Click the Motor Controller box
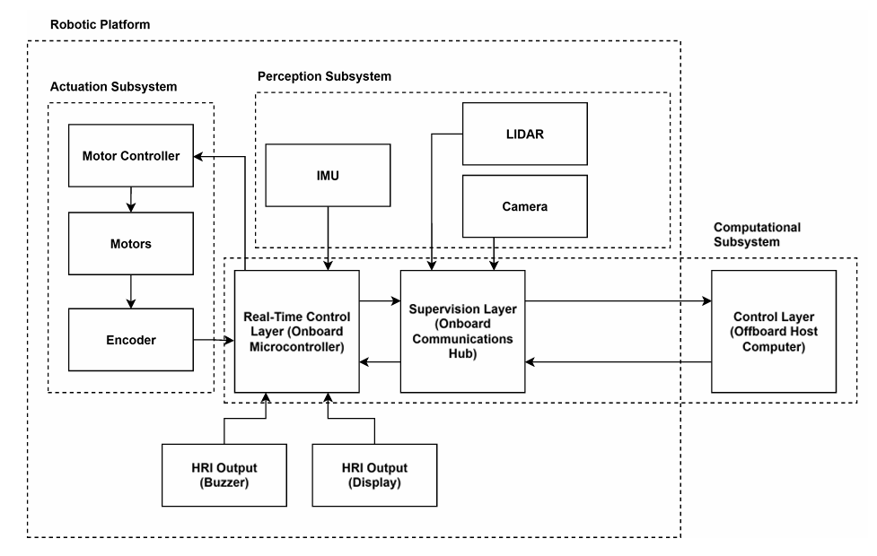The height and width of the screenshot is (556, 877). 131,156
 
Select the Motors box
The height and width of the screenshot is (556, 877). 131,243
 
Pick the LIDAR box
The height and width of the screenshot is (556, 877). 524,134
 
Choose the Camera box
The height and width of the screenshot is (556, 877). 524,206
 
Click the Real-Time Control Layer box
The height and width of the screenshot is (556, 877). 296,331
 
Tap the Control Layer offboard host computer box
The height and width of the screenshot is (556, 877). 773,331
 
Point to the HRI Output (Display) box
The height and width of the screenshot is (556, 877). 374,473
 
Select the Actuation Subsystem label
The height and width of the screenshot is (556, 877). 112,87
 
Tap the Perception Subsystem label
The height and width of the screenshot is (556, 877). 324,76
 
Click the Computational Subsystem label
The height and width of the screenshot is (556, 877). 756,235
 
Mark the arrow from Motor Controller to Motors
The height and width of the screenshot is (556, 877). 131,200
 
